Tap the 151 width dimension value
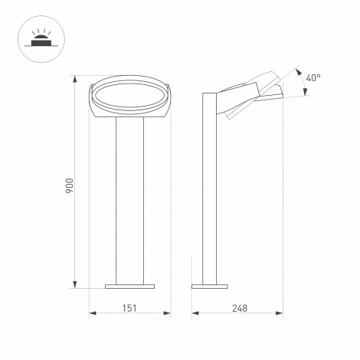coord(129,307)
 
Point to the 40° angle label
coord(313,77)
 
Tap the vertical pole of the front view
coord(128,199)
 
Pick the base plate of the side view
coord(210,286)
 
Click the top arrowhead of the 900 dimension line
coord(75,78)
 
